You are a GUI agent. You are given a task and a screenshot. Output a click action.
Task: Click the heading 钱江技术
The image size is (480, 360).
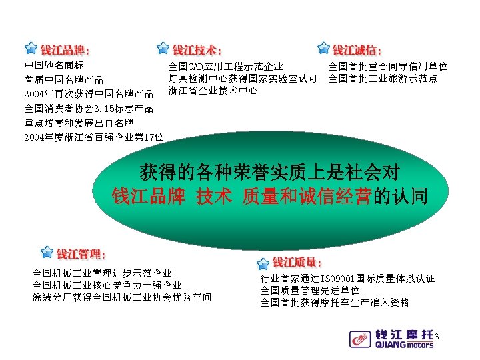pos(197,50)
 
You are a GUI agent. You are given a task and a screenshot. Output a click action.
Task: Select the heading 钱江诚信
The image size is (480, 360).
pos(357,50)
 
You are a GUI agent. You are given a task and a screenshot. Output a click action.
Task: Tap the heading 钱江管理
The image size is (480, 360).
pos(81,254)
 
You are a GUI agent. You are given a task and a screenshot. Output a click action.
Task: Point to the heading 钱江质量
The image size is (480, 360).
pos(297,263)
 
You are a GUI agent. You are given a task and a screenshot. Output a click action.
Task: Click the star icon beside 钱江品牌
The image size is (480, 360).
pos(30,49)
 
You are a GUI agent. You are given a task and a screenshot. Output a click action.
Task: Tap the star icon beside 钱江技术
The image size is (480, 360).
pos(162,49)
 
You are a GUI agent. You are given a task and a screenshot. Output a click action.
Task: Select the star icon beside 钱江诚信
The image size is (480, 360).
pos(323,49)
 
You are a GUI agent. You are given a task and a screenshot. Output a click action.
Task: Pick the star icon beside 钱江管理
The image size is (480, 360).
pos(46,253)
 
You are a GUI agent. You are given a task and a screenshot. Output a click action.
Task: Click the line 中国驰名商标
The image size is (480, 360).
pos(54,66)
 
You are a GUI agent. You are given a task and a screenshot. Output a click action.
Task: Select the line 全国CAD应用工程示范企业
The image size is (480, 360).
pos(226,67)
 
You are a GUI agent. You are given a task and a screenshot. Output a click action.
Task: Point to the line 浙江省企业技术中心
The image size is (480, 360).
pos(213,90)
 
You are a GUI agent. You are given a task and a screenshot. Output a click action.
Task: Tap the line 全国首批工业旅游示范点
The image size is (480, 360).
pos(383,79)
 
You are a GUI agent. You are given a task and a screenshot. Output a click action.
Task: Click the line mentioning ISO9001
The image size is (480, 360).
pos(347,278)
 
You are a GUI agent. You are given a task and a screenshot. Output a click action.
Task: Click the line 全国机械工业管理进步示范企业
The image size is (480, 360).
pos(102,273)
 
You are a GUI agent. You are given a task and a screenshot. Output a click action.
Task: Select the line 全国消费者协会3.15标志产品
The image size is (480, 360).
pos(89,108)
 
